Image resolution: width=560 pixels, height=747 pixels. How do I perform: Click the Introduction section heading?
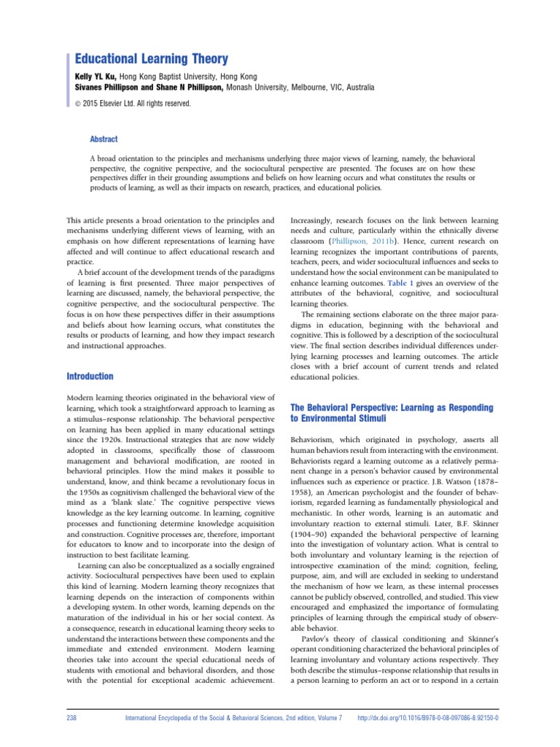coord(90,376)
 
